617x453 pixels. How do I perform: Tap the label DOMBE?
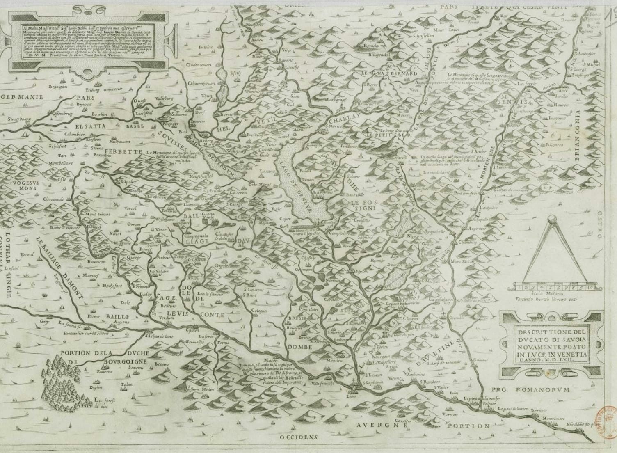coord(302,347)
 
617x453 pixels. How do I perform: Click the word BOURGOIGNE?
coord(111,363)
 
